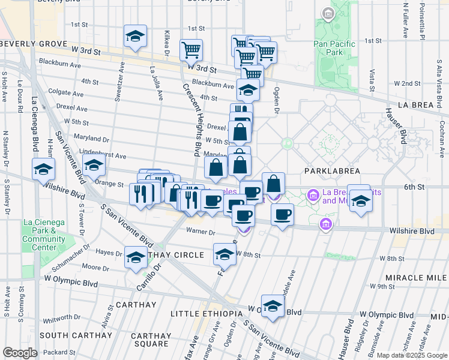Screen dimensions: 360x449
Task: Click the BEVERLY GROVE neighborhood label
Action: [34, 44]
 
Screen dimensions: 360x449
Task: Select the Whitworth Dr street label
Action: [61, 317]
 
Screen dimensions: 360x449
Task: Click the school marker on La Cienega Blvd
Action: [44, 170]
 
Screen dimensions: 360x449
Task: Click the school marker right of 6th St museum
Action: [361, 200]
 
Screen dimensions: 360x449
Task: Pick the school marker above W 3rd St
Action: [136, 36]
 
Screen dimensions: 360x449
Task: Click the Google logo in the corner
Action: [20, 353]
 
